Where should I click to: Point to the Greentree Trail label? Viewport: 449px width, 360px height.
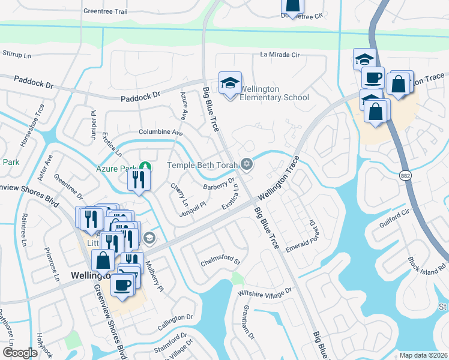pyautogui.click(x=106, y=11)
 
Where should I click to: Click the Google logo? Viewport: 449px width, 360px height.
pyautogui.click(x=20, y=353)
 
